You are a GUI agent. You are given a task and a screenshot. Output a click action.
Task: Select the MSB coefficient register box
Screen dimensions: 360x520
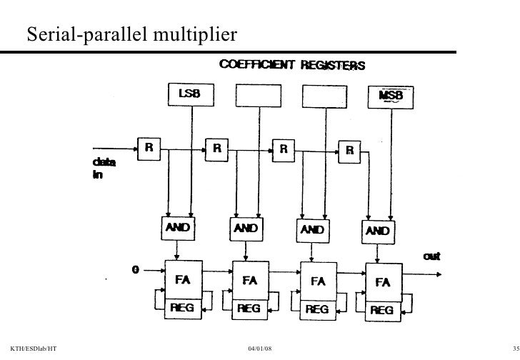coord(389,95)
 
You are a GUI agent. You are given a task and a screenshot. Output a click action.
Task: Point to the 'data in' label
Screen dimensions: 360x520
coord(103,169)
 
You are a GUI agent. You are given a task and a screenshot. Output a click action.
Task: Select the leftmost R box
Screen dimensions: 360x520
coord(149,149)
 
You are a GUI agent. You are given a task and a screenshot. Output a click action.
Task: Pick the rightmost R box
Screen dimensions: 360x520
coord(349,150)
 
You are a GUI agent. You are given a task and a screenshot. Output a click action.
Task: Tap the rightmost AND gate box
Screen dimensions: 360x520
coord(379,231)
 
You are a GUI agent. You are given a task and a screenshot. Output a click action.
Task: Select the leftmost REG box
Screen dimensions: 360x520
coord(181,308)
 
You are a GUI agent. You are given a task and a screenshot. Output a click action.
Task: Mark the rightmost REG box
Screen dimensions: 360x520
coord(383,310)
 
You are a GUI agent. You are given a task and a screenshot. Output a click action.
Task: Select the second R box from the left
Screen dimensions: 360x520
coord(216,149)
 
